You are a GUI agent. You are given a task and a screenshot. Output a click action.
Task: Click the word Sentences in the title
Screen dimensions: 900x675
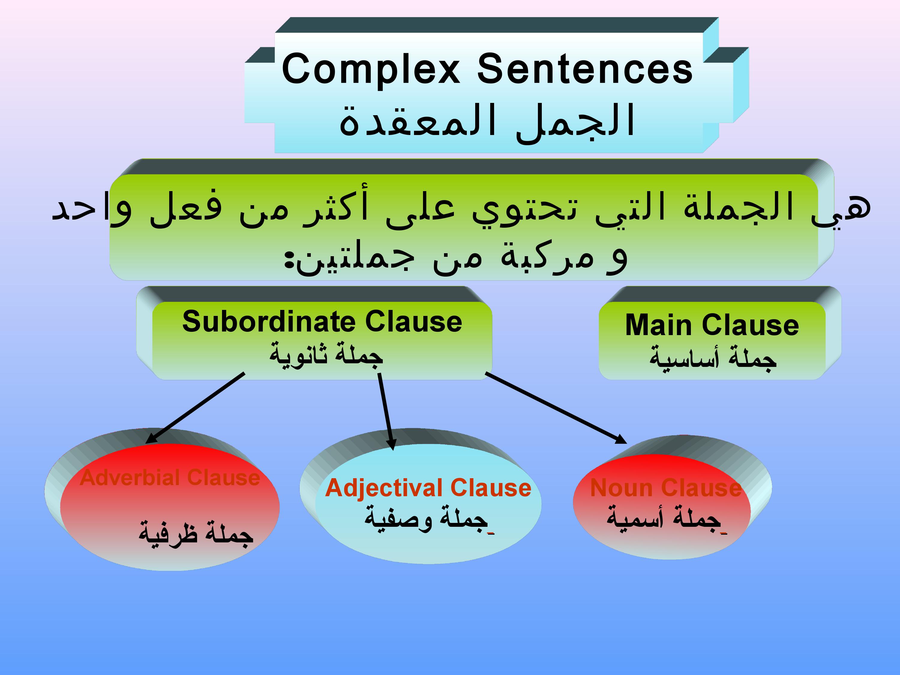(585, 69)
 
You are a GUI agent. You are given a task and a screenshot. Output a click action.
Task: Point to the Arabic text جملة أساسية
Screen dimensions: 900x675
(712, 358)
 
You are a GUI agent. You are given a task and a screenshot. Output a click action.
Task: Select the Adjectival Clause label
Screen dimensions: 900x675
(428, 488)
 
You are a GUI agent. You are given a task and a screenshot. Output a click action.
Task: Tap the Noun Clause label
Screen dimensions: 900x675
(666, 488)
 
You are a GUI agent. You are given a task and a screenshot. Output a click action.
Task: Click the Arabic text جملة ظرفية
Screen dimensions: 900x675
(196, 533)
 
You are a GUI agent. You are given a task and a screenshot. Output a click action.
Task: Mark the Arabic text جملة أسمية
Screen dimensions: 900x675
(667, 519)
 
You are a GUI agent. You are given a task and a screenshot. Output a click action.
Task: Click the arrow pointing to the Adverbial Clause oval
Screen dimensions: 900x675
(195, 408)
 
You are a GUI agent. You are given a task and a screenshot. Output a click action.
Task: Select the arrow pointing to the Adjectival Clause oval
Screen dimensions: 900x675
(386, 412)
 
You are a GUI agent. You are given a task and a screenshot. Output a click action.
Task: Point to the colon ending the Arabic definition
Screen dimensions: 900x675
(289, 260)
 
